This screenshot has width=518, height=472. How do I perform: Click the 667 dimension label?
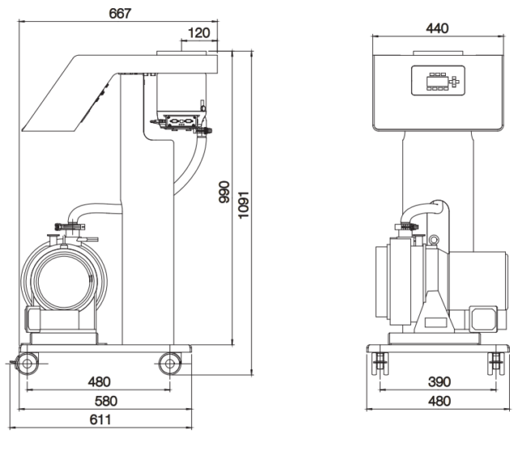click(119, 14)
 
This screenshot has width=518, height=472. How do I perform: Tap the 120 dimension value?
click(198, 33)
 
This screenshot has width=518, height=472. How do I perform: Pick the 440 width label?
click(438, 28)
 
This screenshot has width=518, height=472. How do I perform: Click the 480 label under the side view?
click(100, 381)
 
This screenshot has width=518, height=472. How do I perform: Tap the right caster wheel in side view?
click(170, 363)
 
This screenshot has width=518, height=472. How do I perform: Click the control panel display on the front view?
click(438, 81)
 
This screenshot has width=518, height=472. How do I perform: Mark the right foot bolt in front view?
click(495, 364)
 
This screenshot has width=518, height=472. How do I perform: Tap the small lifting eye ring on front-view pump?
click(434, 239)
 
